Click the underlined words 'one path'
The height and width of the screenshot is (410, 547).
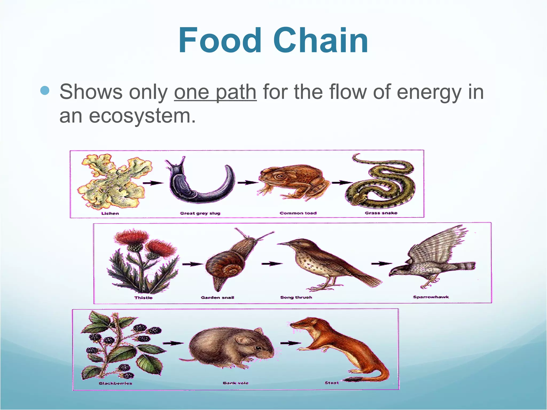(215, 92)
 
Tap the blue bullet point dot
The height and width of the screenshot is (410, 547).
(45, 90)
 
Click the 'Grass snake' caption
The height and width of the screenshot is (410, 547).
(381, 213)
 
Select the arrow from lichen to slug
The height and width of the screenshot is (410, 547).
(153, 183)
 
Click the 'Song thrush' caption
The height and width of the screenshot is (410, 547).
(296, 297)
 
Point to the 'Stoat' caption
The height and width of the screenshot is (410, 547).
(332, 383)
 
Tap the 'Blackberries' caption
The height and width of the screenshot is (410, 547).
(115, 383)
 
